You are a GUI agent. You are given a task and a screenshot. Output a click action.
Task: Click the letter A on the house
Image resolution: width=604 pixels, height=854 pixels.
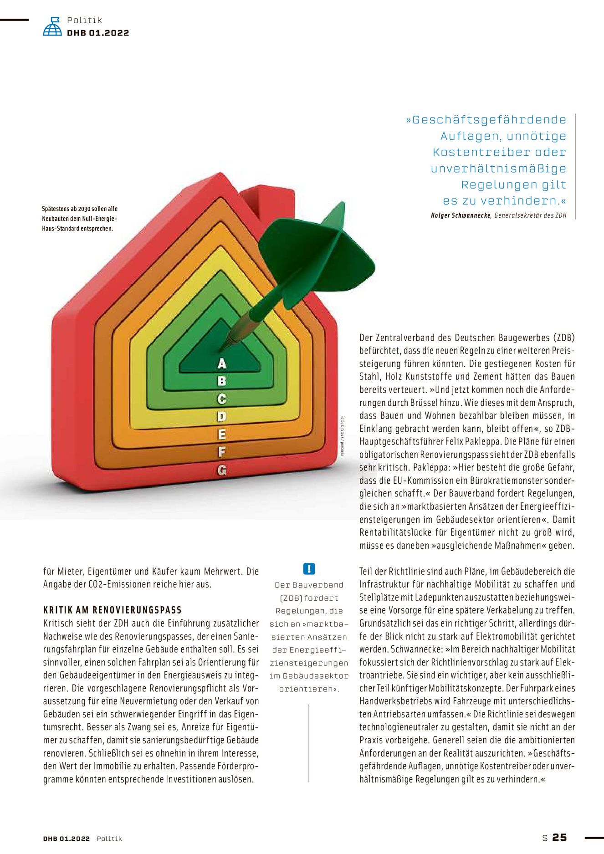[222, 363]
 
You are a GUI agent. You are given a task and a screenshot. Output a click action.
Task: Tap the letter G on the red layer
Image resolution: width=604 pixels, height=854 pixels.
[222, 470]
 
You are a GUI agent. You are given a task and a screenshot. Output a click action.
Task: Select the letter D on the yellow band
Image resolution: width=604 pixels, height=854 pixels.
[222, 416]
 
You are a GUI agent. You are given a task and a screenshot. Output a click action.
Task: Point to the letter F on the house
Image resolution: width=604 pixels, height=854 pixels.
[222, 452]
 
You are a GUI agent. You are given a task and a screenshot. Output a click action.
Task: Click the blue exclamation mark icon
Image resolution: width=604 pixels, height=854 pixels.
[309, 568]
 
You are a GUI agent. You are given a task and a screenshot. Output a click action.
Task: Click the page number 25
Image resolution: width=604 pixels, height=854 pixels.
[559, 837]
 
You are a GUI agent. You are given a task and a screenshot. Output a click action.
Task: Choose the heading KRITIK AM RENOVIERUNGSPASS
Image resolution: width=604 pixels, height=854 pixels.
[113, 610]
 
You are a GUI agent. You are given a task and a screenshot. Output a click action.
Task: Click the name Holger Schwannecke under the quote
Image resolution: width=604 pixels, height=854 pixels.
[461, 215]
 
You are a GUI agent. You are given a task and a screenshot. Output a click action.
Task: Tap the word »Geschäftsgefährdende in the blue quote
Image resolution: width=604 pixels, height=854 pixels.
[486, 120]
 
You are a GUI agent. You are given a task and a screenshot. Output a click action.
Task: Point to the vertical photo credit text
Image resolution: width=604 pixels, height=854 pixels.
[342, 435]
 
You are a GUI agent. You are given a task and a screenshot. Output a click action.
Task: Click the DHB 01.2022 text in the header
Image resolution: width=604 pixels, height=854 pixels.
[98, 33]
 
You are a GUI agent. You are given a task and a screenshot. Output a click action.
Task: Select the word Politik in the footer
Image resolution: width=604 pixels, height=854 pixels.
[109, 839]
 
